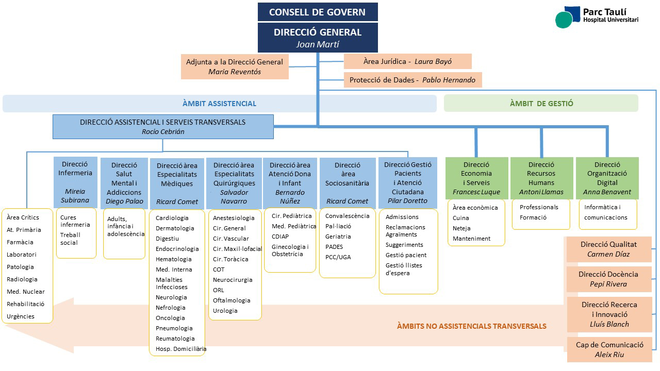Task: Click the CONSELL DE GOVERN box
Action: pyautogui.click(x=318, y=12)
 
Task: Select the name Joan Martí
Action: pyautogui.click(x=318, y=44)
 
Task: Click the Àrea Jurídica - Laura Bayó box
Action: pyautogui.click(x=407, y=62)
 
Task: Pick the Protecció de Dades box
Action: pyautogui.click(x=412, y=80)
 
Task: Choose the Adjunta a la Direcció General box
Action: pyautogui.click(x=235, y=67)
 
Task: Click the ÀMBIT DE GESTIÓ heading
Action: pyautogui.click(x=541, y=103)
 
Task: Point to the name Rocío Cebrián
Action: pyautogui.click(x=163, y=131)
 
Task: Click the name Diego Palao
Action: pyautogui.click(x=124, y=201)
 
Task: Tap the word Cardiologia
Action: pyautogui.click(x=172, y=218)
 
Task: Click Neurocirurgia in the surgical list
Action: pyautogui.click(x=233, y=280)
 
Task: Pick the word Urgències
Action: pyautogui.click(x=21, y=316)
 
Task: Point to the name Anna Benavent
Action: pyautogui.click(x=607, y=192)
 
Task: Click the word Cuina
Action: pyautogui.click(x=461, y=218)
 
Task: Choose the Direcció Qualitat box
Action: pyautogui.click(x=608, y=249)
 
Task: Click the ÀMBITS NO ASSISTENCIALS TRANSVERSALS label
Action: pyautogui.click(x=471, y=326)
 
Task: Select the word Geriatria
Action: pyautogui.click(x=338, y=237)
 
